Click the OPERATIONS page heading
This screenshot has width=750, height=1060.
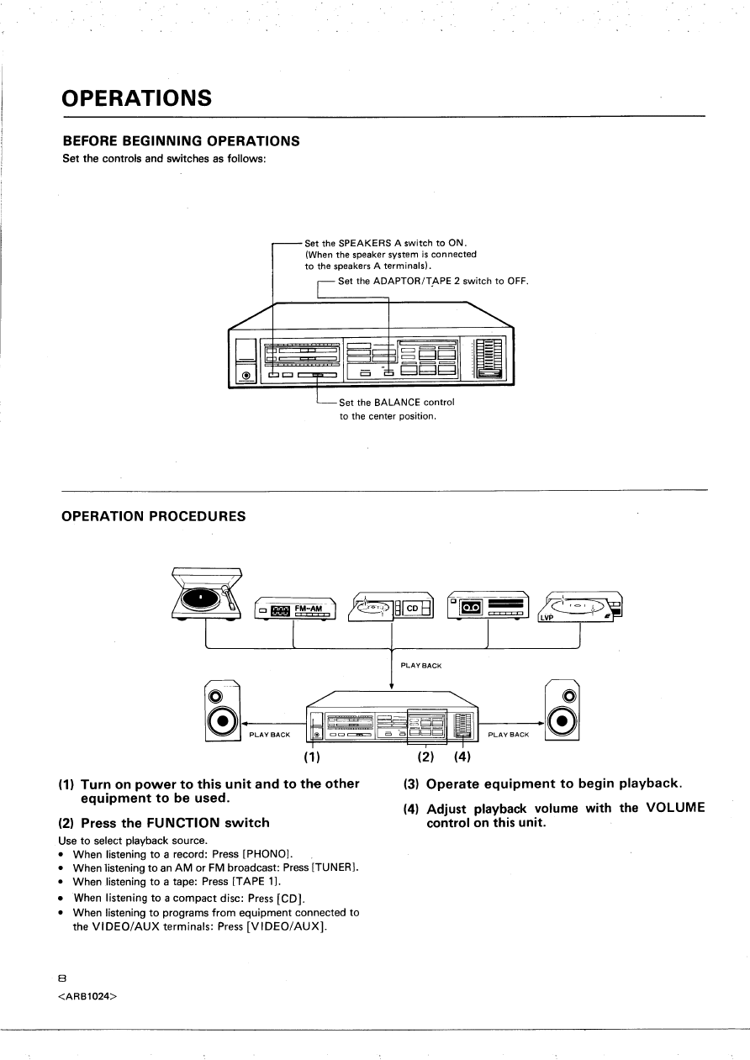[x=136, y=98]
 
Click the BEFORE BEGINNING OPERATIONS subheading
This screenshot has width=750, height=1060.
[x=181, y=140]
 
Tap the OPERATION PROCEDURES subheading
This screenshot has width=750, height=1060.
[x=154, y=516]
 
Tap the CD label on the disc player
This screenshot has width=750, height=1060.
[x=413, y=609]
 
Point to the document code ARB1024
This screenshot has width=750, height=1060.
[x=88, y=998]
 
